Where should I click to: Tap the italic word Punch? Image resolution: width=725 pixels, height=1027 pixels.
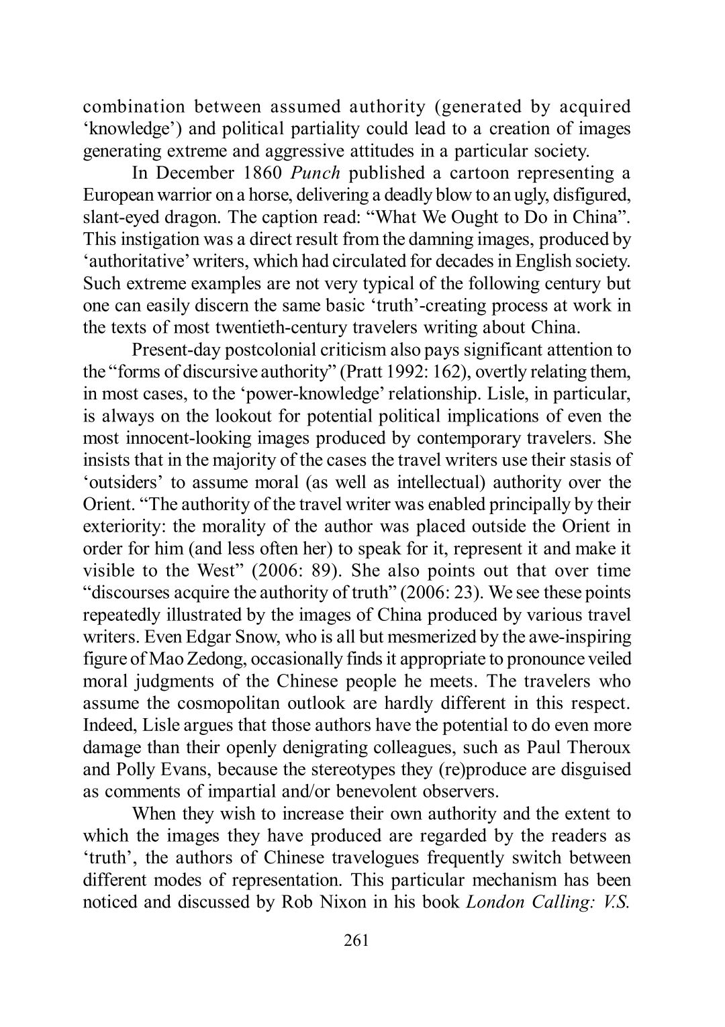point(317,173)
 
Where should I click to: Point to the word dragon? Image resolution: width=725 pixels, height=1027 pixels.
point(195,217)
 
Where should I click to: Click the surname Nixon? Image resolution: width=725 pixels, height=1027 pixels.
point(337,902)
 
